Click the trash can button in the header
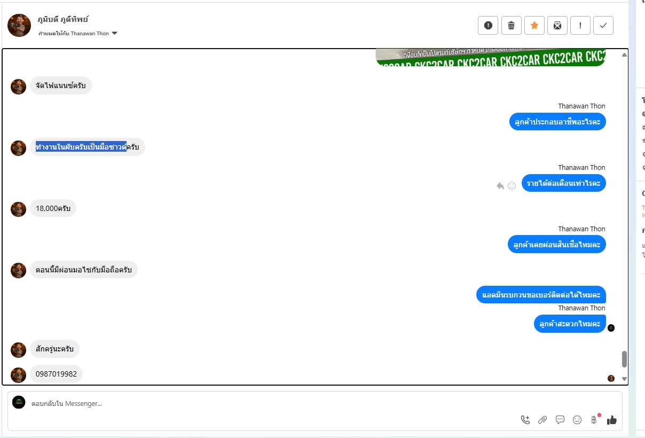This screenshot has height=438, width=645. tap(511, 25)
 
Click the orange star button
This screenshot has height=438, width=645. tap(534, 25)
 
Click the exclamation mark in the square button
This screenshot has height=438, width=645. tap(580, 25)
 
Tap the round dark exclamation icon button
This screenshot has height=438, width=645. tap(488, 25)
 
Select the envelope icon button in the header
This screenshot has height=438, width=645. tap(557, 25)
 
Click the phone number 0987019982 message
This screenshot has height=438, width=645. tap(56, 374)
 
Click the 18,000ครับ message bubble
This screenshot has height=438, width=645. tap(53, 208)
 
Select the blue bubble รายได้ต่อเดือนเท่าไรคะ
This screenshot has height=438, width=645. tap(563, 183)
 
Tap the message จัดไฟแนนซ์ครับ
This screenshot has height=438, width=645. tap(60, 85)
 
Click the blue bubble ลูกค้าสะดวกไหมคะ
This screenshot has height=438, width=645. tap(569, 324)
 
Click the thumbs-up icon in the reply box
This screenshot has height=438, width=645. tap(611, 420)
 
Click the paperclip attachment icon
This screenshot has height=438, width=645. tap(542, 420)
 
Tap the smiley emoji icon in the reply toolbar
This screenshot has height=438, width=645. tap(577, 420)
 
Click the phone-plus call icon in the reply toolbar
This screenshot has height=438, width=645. tap(525, 420)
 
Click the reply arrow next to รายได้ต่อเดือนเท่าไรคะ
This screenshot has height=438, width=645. tap(500, 186)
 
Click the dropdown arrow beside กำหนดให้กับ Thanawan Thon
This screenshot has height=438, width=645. tap(114, 34)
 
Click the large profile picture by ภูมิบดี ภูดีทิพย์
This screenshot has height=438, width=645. tap(19, 25)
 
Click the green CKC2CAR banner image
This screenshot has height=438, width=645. tap(491, 57)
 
